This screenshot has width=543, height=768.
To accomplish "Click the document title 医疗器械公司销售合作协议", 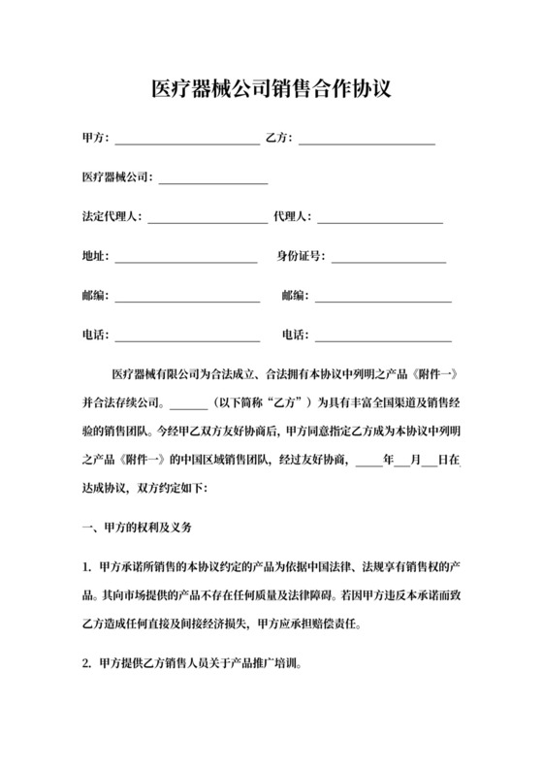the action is [x=271, y=90].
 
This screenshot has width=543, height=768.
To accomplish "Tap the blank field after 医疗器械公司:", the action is [x=212, y=179].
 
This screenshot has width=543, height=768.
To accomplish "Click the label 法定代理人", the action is [x=111, y=218].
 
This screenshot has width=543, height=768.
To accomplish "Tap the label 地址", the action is [x=95, y=258].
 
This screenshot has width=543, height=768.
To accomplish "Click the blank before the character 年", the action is [x=369, y=461].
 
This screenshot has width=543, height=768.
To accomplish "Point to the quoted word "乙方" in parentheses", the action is [x=291, y=400].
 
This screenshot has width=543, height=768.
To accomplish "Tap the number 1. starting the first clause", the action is [x=87, y=565].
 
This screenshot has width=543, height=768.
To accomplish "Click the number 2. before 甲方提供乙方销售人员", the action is [x=87, y=665].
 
